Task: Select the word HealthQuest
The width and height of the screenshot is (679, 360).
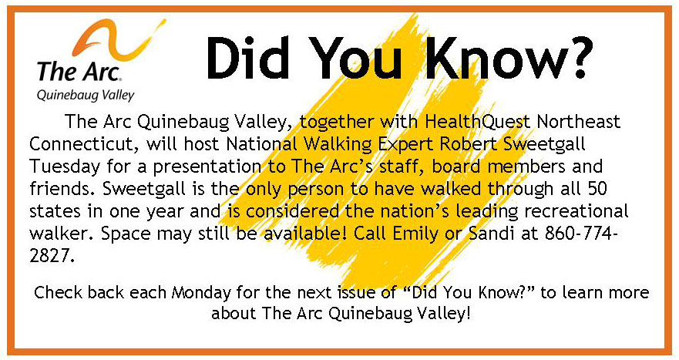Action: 478,122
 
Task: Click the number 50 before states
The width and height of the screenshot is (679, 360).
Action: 597,188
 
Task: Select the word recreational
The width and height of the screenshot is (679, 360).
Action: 576,211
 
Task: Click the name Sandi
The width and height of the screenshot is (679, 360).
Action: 492,234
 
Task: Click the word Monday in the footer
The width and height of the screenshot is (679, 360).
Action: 201,293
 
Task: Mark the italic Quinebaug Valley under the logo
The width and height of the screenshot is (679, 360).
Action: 86,96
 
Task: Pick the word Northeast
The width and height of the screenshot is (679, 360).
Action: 579,122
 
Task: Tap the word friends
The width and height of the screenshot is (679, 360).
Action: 57,188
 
